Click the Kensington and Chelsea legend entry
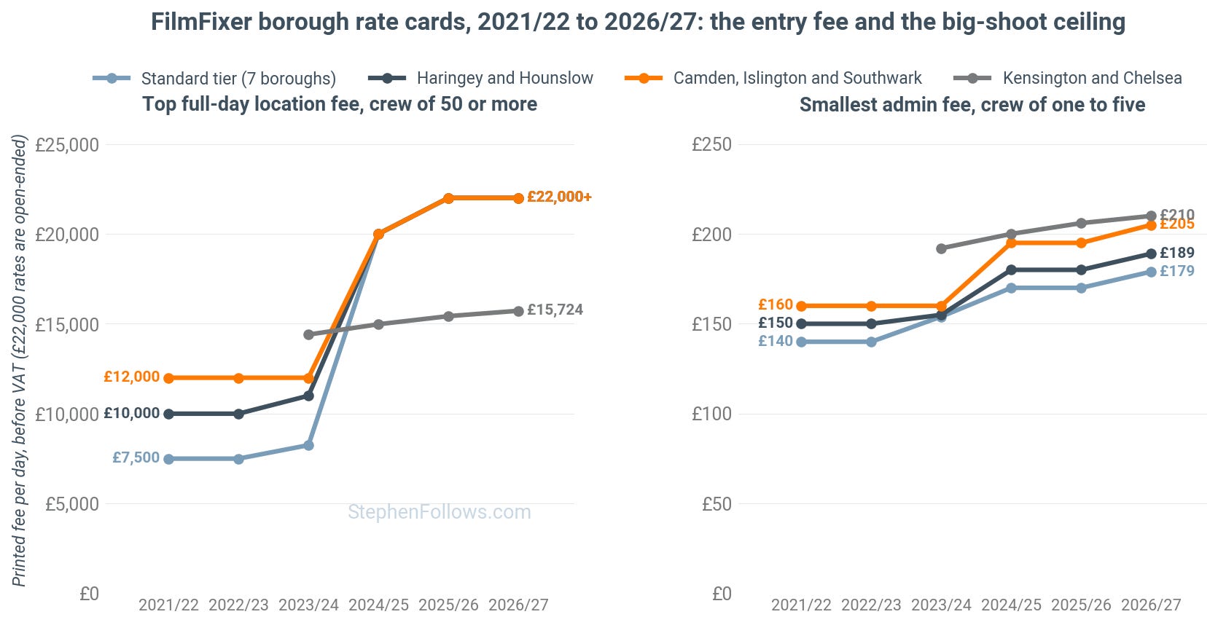(x=1068, y=78)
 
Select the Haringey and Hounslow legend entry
(x=480, y=78)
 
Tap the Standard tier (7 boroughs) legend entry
(x=214, y=78)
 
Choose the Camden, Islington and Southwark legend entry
(x=773, y=78)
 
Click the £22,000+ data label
(x=559, y=197)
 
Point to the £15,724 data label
(x=555, y=310)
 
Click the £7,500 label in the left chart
(x=136, y=457)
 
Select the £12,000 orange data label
(x=132, y=377)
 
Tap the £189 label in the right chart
(x=1176, y=253)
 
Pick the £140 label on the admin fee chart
(x=776, y=341)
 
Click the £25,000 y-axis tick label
(x=67, y=145)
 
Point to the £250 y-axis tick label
(x=711, y=145)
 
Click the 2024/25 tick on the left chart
(x=378, y=605)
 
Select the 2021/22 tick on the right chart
(x=801, y=605)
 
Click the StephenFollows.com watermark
(x=440, y=512)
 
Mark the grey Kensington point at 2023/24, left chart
(x=308, y=335)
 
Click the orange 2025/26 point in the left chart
(x=448, y=198)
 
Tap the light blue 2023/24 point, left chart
(x=308, y=446)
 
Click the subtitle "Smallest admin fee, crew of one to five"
(x=972, y=104)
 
